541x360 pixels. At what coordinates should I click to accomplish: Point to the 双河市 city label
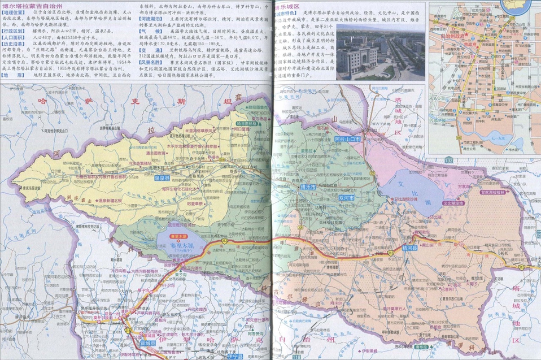tap(346, 199)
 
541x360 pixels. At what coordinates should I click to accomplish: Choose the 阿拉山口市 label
tap(350, 138)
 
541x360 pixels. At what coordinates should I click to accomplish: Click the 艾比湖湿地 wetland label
tap(452, 203)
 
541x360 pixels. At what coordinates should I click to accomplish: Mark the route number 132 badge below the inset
tap(448, 161)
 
